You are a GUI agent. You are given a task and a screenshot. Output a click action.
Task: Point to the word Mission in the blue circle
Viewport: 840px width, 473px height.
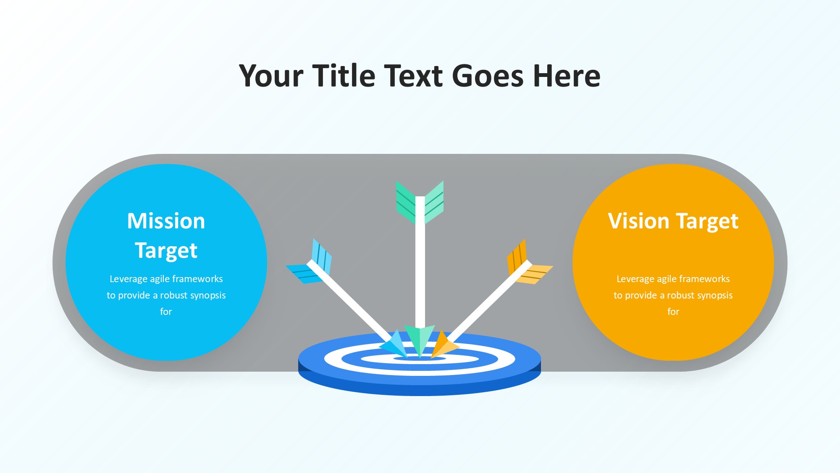166,221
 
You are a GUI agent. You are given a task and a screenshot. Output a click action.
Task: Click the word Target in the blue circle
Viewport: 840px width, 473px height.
166,251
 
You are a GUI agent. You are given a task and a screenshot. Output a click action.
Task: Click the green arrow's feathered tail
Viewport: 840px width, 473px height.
420,202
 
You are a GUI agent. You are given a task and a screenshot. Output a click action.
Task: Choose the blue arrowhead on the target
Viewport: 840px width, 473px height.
395,344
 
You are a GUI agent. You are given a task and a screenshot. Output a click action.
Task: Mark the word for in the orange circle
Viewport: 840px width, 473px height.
673,312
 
